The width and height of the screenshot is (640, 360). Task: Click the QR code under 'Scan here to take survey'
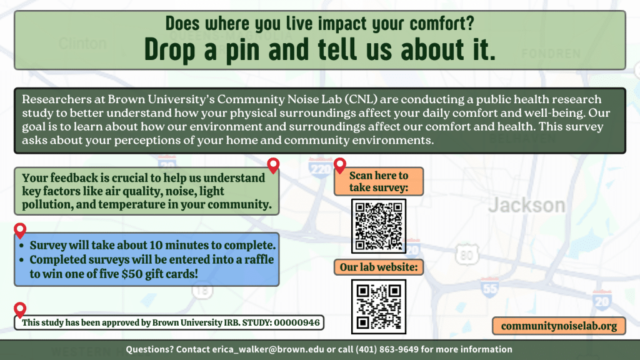click(x=379, y=226)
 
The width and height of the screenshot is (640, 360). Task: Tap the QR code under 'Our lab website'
click(x=379, y=306)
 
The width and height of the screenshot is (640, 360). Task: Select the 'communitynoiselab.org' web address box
click(x=559, y=326)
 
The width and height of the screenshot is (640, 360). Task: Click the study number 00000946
click(x=297, y=323)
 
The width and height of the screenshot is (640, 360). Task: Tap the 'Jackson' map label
click(x=526, y=204)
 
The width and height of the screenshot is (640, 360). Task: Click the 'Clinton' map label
click(x=82, y=43)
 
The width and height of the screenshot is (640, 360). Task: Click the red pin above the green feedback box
click(x=273, y=166)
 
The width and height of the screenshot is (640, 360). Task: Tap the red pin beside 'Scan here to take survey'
click(x=340, y=166)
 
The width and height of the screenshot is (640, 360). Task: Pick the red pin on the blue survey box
click(x=20, y=231)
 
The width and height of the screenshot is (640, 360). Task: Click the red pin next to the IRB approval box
click(x=20, y=309)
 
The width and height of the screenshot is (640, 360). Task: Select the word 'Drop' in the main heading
click(x=172, y=49)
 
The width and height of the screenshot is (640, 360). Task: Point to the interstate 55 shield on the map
click(x=489, y=288)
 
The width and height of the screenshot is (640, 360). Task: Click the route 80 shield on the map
click(x=467, y=254)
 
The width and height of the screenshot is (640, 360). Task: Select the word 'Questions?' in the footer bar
click(x=149, y=349)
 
